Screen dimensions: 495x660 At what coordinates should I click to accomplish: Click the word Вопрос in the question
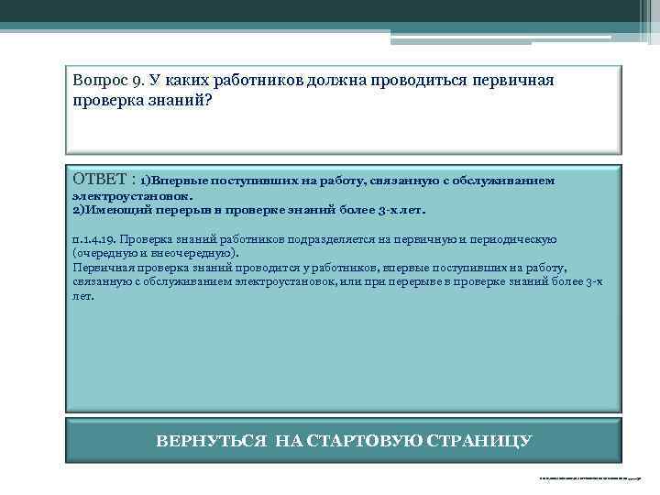(x=98, y=82)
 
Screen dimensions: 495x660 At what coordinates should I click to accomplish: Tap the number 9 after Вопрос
(x=135, y=82)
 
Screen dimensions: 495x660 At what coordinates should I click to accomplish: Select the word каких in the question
(x=185, y=82)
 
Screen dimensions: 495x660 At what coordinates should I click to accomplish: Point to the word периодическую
(x=517, y=240)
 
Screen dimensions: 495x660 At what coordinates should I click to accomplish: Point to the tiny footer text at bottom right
(x=591, y=478)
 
